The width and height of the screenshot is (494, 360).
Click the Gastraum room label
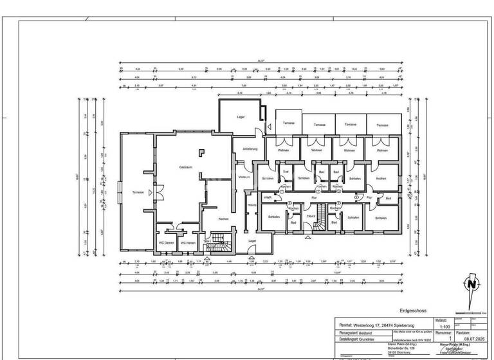(x=187, y=167)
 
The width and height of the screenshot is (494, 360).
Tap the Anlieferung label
(x=250, y=149)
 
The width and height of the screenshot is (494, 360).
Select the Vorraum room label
(x=244, y=177)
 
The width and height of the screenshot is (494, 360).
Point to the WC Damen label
(x=167, y=242)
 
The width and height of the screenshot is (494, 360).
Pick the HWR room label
(x=268, y=197)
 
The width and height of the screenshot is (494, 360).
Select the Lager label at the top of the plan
(x=241, y=117)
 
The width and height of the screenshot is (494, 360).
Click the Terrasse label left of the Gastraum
(x=138, y=192)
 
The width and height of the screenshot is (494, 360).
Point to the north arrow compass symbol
(x=473, y=284)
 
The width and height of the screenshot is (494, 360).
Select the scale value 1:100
(x=442, y=326)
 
